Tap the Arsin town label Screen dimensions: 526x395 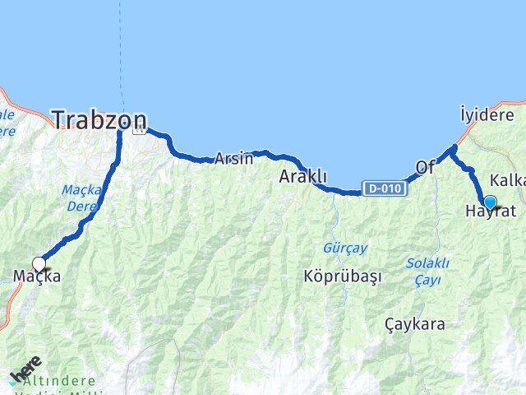[233, 159]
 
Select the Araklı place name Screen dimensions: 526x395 [303, 176]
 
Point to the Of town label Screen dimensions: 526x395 [425, 167]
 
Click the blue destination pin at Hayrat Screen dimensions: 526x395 [490, 202]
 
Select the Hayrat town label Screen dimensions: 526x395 [491, 212]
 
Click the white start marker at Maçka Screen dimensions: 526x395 [39, 265]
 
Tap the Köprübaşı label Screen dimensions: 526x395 [343, 276]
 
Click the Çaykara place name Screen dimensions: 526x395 [415, 324]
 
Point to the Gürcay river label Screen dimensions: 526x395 [345, 248]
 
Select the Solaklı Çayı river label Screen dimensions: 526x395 [427, 272]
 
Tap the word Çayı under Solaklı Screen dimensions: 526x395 [428, 281]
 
